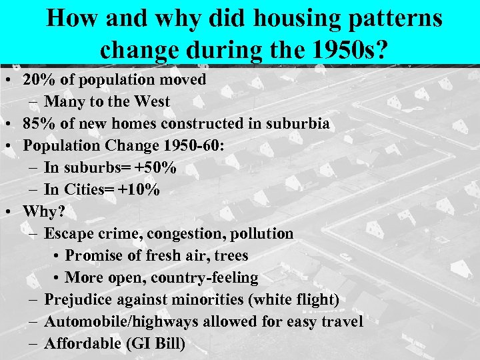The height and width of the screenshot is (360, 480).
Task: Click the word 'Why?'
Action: pyautogui.click(x=44, y=212)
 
